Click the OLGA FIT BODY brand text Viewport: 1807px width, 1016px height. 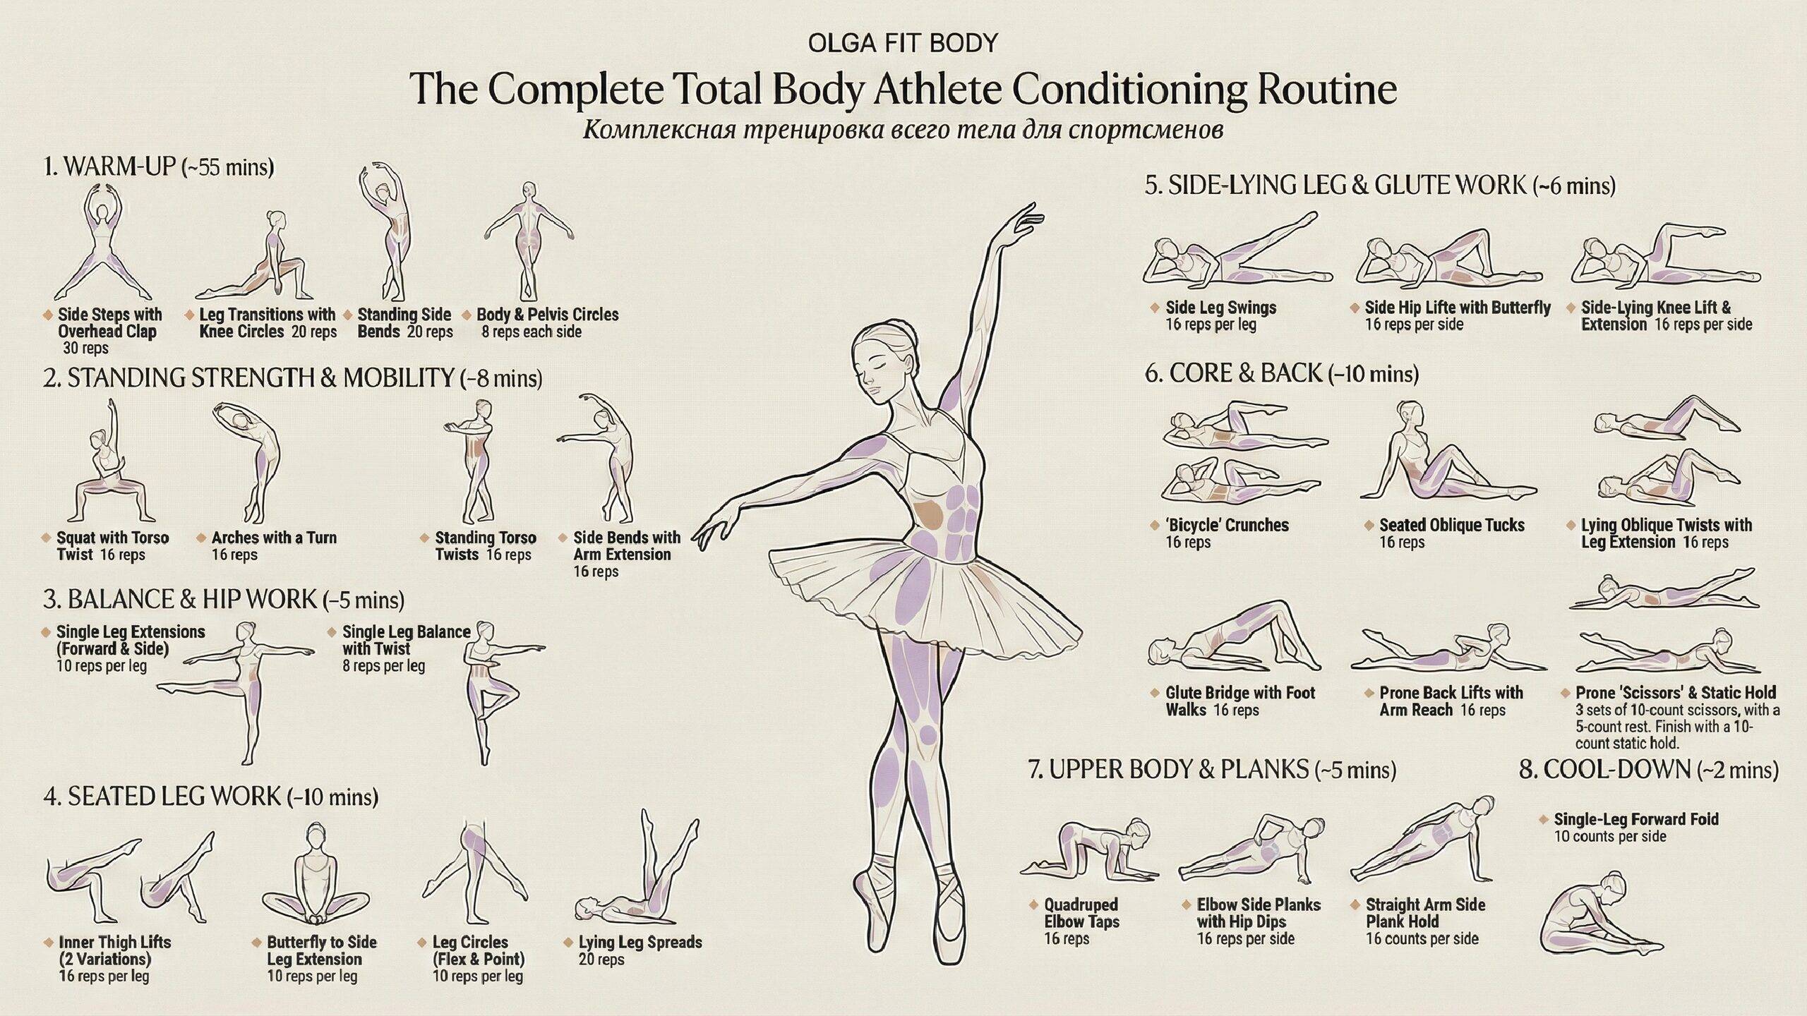(903, 44)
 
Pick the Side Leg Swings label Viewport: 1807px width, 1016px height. (1220, 308)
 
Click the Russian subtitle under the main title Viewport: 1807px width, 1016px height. (903, 131)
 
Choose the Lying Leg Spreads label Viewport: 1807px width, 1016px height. (640, 942)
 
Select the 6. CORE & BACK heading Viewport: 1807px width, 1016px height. (1281, 373)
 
